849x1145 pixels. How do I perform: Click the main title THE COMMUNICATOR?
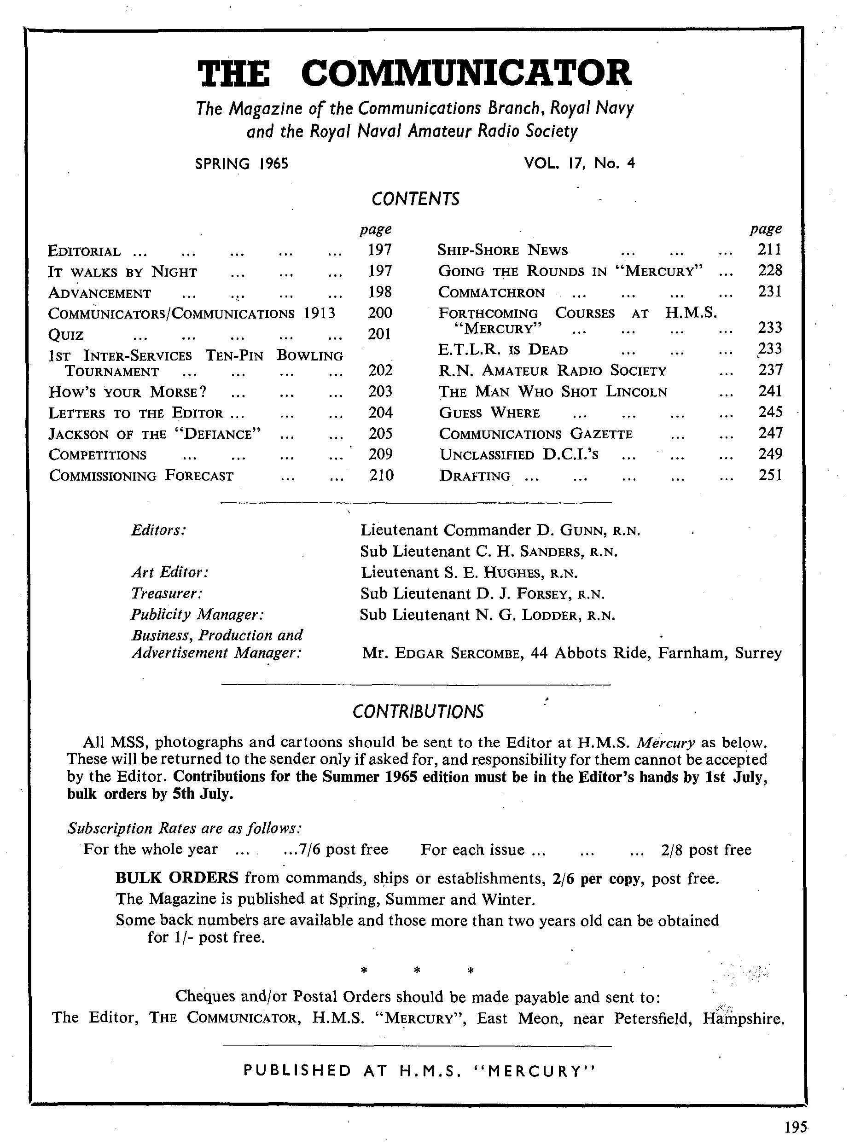(414, 73)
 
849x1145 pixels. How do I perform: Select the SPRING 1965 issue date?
(242, 163)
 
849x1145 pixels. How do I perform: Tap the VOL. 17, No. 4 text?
(579, 163)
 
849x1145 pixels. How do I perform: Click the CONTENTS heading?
(415, 199)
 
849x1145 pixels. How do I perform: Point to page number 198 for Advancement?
(380, 292)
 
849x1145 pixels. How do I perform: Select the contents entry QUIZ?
(66, 335)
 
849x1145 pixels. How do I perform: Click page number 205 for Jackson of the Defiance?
(380, 434)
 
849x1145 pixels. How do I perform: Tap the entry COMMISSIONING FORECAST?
(141, 476)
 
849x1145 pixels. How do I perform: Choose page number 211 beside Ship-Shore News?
(769, 249)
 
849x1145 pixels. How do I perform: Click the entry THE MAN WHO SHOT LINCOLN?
(553, 392)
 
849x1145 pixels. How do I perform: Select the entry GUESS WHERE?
(489, 413)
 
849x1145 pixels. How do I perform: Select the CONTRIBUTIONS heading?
(418, 712)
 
